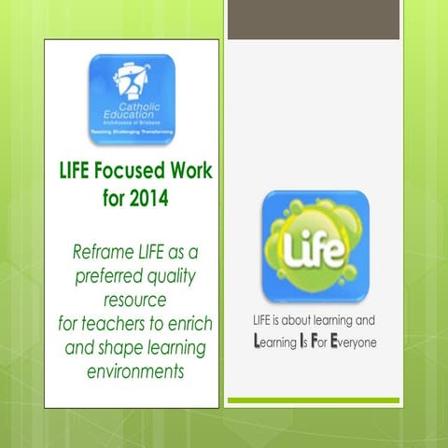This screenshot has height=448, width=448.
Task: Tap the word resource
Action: click(131, 301)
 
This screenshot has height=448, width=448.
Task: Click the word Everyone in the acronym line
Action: click(352, 343)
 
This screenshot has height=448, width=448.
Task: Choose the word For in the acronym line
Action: click(319, 343)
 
